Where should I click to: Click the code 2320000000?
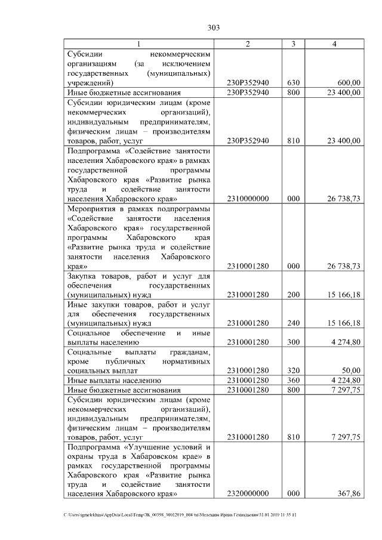(248, 493)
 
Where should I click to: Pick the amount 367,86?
(348, 493)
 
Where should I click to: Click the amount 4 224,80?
(344, 380)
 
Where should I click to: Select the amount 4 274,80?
(344, 342)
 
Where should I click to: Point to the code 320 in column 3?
(293, 371)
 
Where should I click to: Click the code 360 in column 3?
(293, 380)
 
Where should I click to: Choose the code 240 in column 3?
(293, 323)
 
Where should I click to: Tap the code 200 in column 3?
(293, 295)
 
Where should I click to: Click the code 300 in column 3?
(293, 342)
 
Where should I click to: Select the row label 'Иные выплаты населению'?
(112, 380)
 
